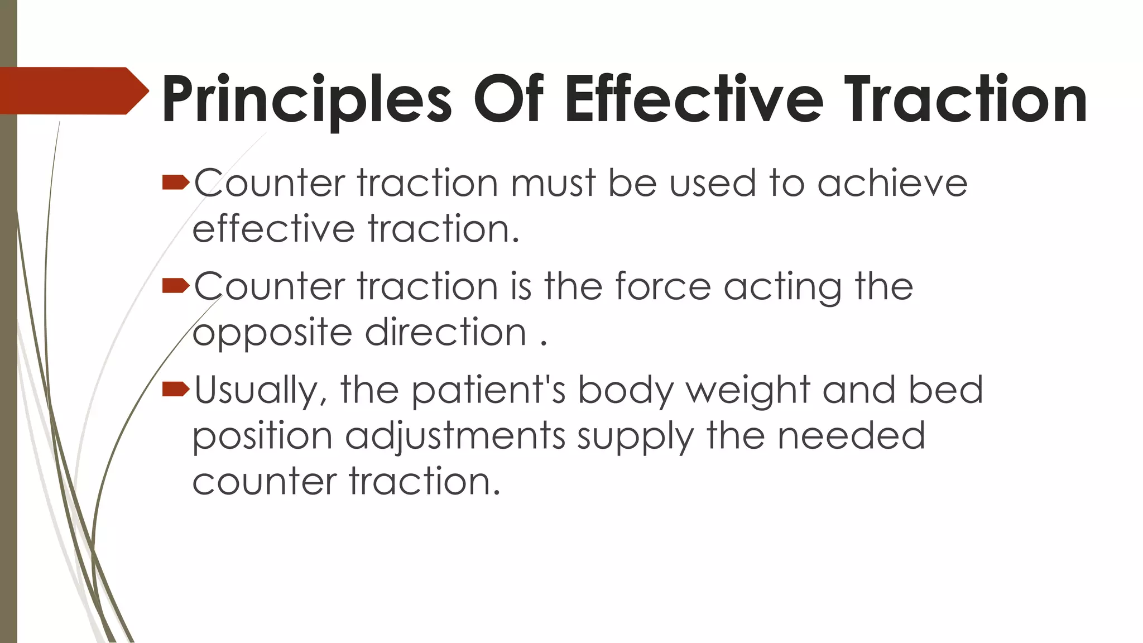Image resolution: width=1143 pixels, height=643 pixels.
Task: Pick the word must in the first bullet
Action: [x=553, y=184]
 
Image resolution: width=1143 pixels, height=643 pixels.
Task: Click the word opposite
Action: [x=272, y=334]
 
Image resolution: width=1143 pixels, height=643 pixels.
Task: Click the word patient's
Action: [x=488, y=391]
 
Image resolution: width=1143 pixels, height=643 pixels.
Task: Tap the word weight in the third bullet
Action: [x=748, y=391]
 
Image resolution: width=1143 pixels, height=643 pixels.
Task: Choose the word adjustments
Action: [x=455, y=437]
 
